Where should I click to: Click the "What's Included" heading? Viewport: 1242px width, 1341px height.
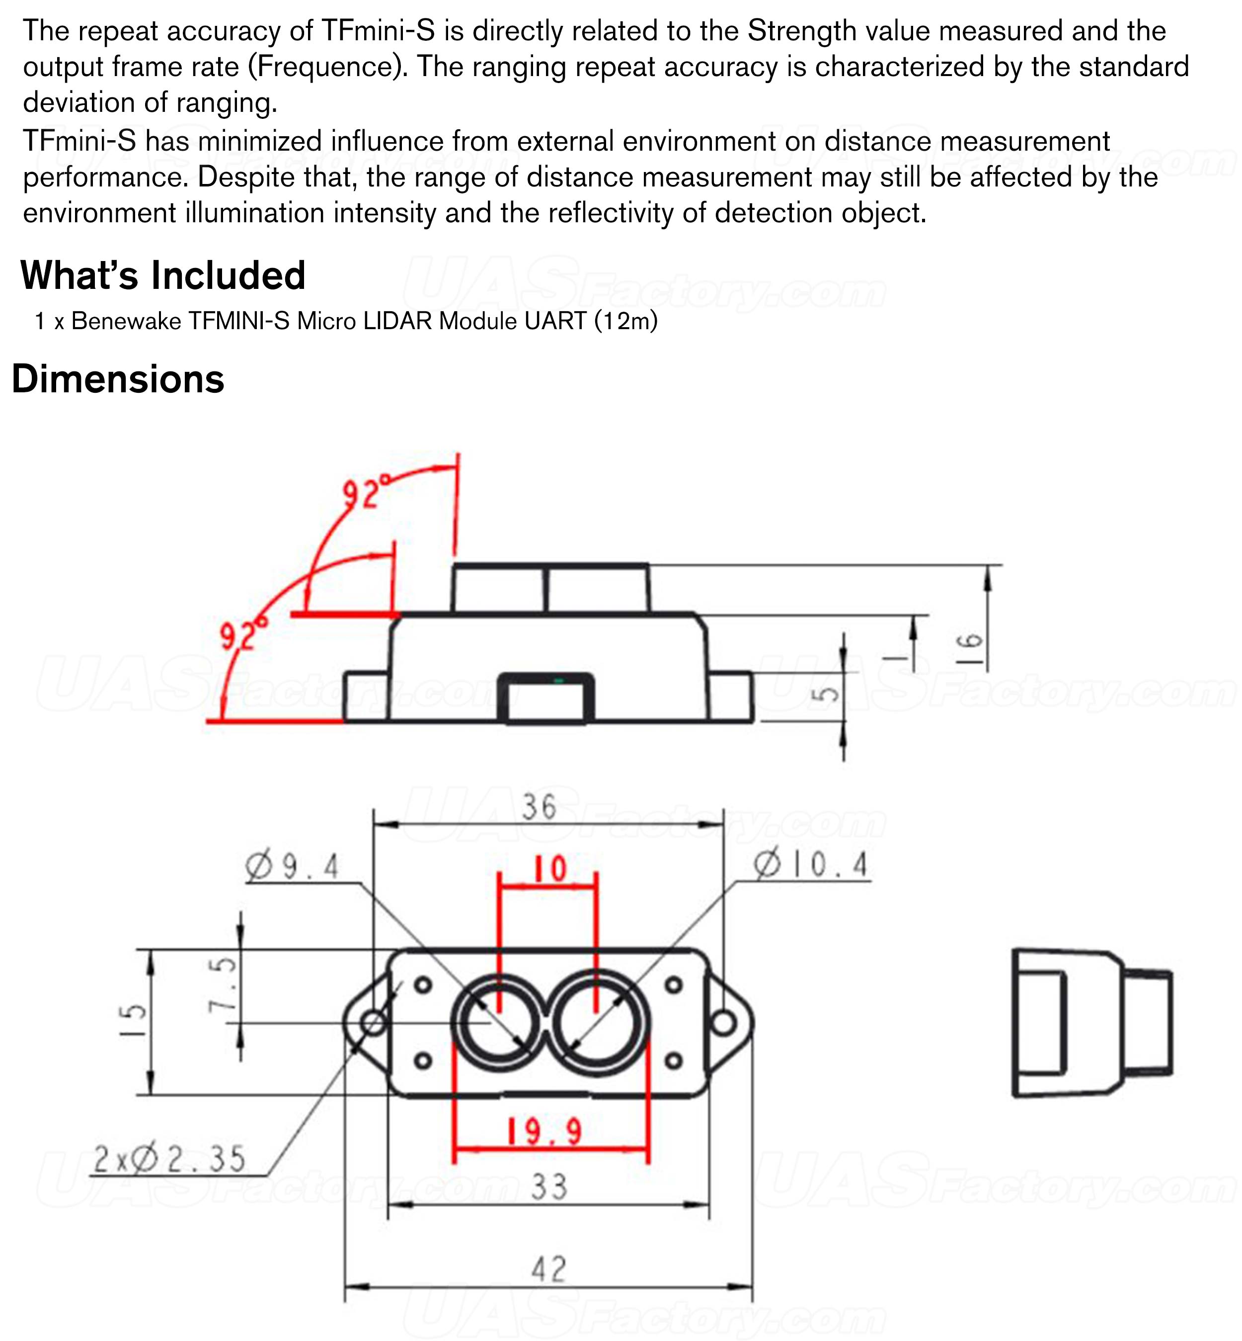click(163, 276)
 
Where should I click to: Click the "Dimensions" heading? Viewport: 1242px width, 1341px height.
click(118, 379)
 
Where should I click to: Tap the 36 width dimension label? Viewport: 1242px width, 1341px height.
click(540, 807)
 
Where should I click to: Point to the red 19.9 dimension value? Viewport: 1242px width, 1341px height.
click(543, 1131)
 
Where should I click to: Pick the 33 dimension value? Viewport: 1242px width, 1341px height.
click(549, 1186)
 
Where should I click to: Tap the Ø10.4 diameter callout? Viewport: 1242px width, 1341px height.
click(811, 864)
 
